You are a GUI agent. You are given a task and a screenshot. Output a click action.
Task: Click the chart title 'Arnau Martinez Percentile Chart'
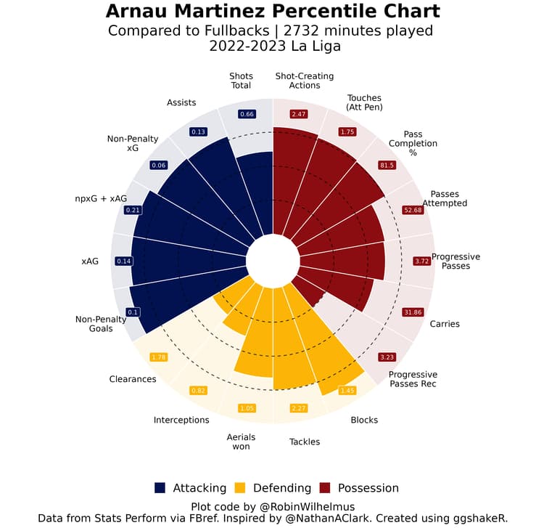pyautogui.click(x=272, y=12)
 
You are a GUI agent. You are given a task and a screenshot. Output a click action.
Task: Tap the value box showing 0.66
pyautogui.click(x=247, y=114)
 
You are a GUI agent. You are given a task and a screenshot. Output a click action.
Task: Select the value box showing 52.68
pyautogui.click(x=412, y=211)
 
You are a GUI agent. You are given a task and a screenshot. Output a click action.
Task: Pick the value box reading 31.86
pyautogui.click(x=412, y=312)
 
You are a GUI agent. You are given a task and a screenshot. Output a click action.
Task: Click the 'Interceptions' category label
pyautogui.click(x=181, y=420)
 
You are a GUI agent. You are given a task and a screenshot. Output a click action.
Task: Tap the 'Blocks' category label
pyautogui.click(x=364, y=420)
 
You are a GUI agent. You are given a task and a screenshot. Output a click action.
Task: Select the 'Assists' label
pyautogui.click(x=181, y=102)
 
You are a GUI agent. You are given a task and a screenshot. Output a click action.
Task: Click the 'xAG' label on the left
pyautogui.click(x=90, y=261)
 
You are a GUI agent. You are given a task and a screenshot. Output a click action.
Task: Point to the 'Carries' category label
pyautogui.click(x=445, y=324)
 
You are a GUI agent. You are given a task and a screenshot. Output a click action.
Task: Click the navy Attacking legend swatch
pyautogui.click(x=160, y=488)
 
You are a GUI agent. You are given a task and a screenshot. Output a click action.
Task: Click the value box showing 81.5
pyautogui.click(x=387, y=166)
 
